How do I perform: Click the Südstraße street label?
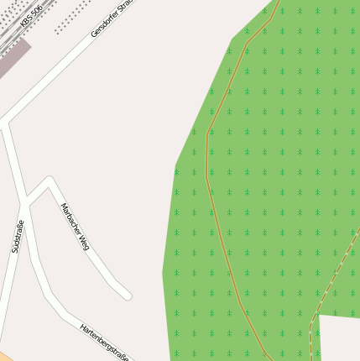pos(18,236)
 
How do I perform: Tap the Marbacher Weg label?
pos(75,227)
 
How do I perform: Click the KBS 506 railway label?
pos(30,17)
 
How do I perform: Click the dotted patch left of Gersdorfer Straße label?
pos(73,16)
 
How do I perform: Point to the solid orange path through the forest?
pos(207,168)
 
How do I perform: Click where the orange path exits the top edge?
pos(277,3)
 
